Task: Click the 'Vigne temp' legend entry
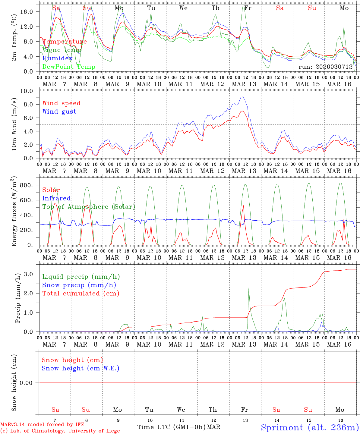pos(62,50)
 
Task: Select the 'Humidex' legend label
pos(57,58)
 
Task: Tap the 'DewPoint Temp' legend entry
pos(69,67)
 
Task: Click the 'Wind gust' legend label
pos(59,112)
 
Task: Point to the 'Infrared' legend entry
pos(56,198)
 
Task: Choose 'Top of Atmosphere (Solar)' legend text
pos(89,207)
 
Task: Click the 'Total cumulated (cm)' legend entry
pos(81,294)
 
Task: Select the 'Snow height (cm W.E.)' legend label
pos(81,368)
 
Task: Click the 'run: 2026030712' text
pos(325,67)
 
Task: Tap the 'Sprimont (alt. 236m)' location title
pos(310,427)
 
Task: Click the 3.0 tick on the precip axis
pos(32,274)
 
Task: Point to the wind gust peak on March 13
pos(242,97)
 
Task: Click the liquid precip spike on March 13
pos(249,288)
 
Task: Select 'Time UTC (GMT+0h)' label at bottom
pos(171,427)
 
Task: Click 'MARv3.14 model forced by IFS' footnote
pos(42,425)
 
